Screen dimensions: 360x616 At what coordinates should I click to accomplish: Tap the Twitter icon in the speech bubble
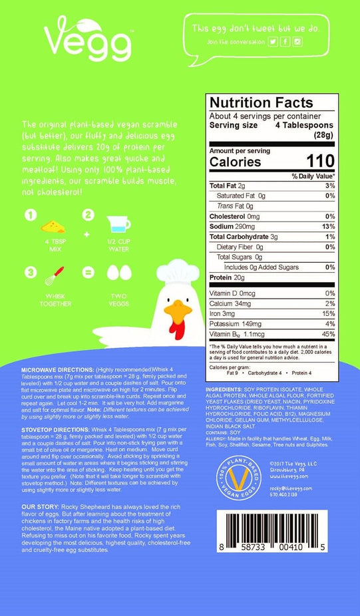(273, 42)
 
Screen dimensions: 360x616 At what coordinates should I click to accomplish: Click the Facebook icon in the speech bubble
(285, 42)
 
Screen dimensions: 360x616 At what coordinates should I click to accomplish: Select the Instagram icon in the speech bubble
(297, 42)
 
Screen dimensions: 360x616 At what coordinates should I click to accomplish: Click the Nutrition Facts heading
(261, 103)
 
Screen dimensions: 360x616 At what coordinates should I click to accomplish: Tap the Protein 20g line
(230, 278)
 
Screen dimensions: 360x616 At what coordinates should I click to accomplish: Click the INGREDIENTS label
(226, 388)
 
